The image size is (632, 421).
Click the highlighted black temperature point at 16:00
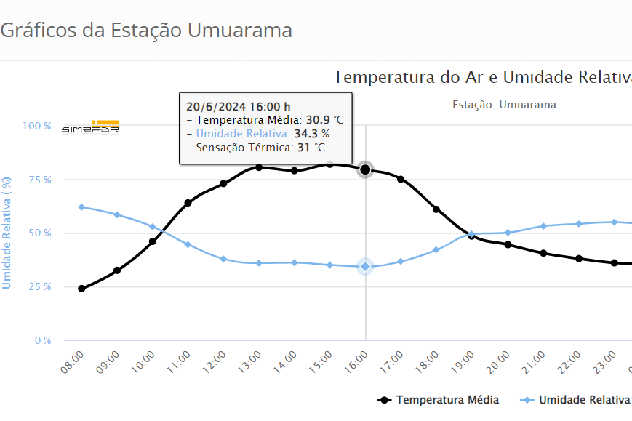pyautogui.click(x=365, y=169)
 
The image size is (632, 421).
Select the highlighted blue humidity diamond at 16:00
pyautogui.click(x=365, y=267)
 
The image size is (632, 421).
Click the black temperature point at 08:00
pyautogui.click(x=81, y=289)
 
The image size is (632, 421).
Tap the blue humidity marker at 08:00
pyautogui.click(x=81, y=207)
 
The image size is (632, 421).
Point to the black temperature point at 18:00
pyautogui.click(x=436, y=209)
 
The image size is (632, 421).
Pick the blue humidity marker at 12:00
pyautogui.click(x=223, y=259)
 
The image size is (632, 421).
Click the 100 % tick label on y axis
pyautogui.click(x=36, y=126)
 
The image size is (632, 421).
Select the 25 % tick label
pyautogui.click(x=39, y=287)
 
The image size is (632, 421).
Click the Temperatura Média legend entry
pyautogui.click(x=439, y=400)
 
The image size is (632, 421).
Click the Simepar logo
pyautogui.click(x=90, y=127)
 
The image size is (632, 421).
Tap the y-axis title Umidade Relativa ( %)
pyautogui.click(x=7, y=233)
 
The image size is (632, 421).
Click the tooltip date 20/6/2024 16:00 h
pyautogui.click(x=238, y=105)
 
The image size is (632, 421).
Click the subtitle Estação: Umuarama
pyautogui.click(x=504, y=105)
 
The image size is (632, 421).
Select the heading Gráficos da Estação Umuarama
pyautogui.click(x=146, y=31)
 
